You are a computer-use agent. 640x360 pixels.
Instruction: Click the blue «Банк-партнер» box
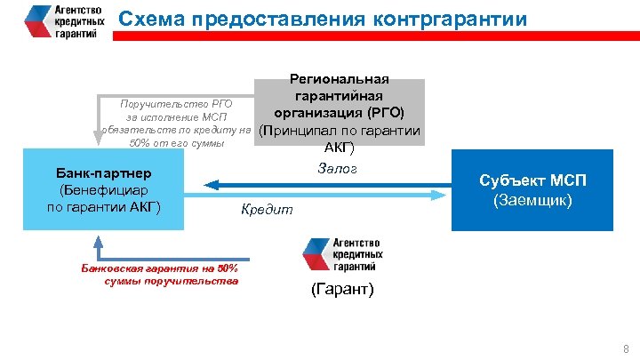(103, 189)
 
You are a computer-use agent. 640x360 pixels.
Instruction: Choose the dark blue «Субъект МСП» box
(532, 190)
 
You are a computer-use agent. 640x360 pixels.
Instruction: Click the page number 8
(626, 348)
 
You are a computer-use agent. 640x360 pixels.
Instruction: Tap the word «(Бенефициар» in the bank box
(103, 189)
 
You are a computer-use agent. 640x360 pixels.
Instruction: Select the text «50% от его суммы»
(177, 143)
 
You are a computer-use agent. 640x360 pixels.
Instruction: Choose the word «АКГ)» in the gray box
(339, 148)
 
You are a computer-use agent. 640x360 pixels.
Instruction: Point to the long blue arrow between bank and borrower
(329, 185)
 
